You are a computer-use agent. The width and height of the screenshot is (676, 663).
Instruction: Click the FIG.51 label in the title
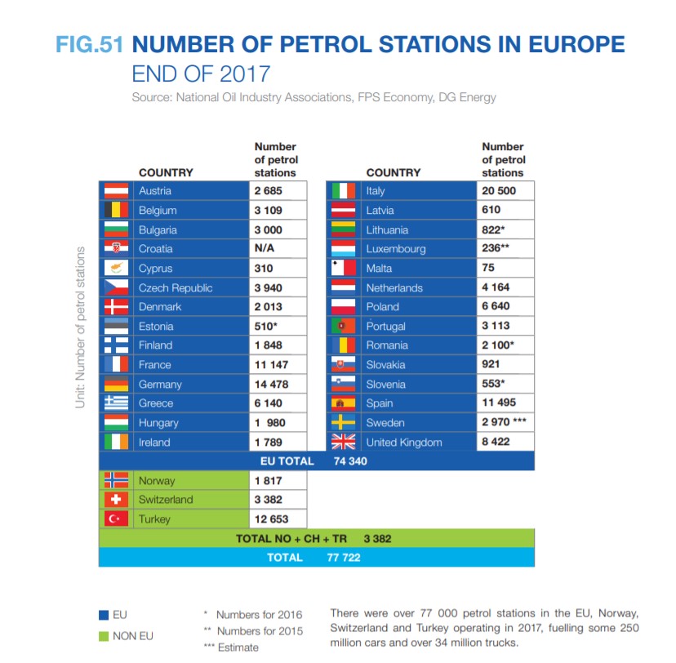pyautogui.click(x=90, y=44)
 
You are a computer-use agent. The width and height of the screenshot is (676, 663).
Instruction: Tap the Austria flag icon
pyautogui.click(x=116, y=191)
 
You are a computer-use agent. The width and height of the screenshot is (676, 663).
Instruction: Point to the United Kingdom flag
pyautogui.click(x=343, y=443)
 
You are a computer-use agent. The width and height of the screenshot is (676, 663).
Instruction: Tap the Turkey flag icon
pyautogui.click(x=116, y=519)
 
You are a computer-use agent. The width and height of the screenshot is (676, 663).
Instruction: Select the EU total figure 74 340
pyautogui.click(x=350, y=461)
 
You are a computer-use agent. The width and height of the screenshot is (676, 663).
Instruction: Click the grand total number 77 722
pyautogui.click(x=343, y=558)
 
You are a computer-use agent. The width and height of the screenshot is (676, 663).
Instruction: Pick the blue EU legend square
pyautogui.click(x=103, y=614)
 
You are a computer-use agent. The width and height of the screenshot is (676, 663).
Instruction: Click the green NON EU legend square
pyautogui.click(x=103, y=635)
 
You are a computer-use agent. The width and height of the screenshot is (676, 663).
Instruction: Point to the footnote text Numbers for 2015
pyautogui.click(x=259, y=631)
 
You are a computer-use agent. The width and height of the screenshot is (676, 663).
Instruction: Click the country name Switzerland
pyautogui.click(x=166, y=500)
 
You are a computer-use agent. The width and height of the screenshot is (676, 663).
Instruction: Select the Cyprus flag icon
pyautogui.click(x=116, y=269)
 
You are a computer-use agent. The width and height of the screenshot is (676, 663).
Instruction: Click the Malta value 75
pyautogui.click(x=488, y=269)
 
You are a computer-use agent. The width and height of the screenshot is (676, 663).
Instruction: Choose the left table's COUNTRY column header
pyautogui.click(x=166, y=173)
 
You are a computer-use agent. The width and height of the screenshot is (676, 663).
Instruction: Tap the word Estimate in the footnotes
pyautogui.click(x=238, y=647)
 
